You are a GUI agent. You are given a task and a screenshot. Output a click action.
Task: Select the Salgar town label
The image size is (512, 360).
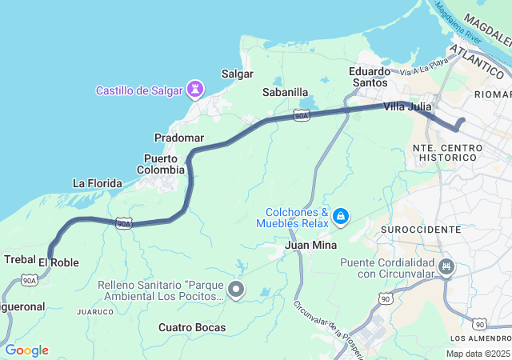237,74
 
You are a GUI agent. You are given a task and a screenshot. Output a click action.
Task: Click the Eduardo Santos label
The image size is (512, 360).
370,77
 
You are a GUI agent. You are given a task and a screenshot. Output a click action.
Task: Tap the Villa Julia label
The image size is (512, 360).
407,106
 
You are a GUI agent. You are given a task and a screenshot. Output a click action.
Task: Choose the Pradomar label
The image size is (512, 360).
179,138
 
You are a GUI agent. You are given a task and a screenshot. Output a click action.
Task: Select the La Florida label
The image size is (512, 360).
98,183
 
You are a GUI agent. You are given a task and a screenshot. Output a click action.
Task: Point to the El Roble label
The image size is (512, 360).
58,262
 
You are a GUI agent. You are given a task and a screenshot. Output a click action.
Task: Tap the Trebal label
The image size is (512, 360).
19,259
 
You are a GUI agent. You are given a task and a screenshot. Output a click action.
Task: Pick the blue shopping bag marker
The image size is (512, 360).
341,216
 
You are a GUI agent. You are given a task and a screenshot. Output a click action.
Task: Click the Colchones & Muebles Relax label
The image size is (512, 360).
293,218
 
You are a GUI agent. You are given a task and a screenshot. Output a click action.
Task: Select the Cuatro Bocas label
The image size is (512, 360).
192,327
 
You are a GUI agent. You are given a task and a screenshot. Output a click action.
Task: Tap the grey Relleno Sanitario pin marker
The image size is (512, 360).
236,290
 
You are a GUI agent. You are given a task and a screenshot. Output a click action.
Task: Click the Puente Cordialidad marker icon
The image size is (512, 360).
446,267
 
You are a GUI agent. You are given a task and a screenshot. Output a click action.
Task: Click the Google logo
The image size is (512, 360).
26,350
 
